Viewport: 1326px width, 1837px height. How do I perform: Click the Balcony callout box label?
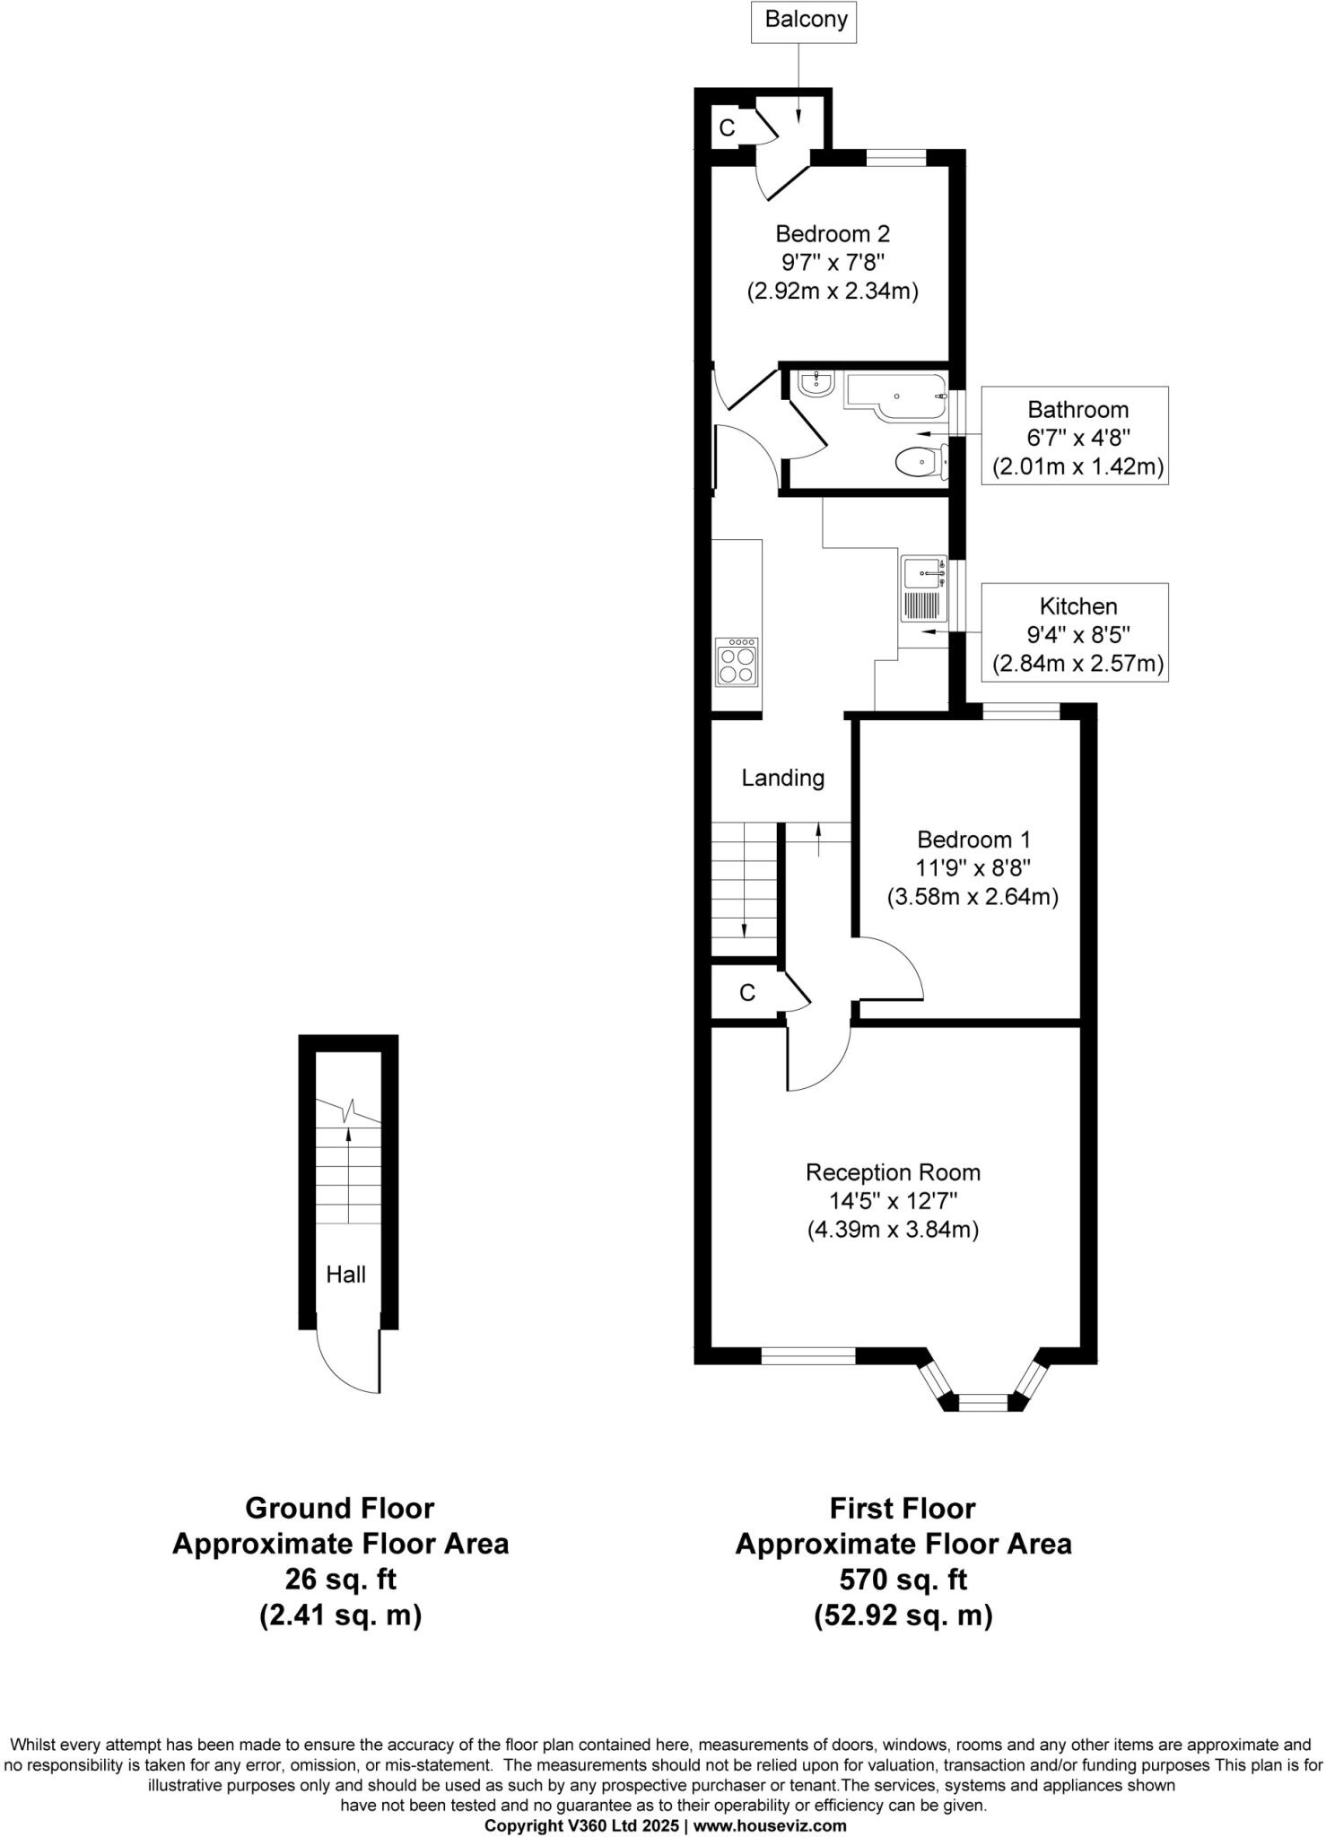pyautogui.click(x=805, y=20)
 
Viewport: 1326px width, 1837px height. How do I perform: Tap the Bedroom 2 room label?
pyautogui.click(x=833, y=234)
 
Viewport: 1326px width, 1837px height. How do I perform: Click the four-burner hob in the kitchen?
pyautogui.click(x=737, y=663)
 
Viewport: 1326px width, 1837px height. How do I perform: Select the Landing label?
pyautogui.click(x=782, y=778)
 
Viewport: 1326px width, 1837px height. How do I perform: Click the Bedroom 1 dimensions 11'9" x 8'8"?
pyautogui.click(x=973, y=868)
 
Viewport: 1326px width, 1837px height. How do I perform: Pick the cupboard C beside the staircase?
pyautogui.click(x=746, y=992)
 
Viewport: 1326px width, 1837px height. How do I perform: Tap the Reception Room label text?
pyautogui.click(x=893, y=1172)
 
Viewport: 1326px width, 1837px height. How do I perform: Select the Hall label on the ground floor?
pyautogui.click(x=345, y=1275)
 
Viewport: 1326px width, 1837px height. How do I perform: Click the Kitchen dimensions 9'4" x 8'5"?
pyautogui.click(x=1077, y=635)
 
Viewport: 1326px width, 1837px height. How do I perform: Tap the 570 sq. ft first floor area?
pyautogui.click(x=903, y=1579)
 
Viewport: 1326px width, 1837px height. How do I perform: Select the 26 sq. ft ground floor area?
pyautogui.click(x=340, y=1579)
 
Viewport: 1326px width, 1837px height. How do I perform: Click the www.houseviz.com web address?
pyautogui.click(x=770, y=1825)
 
